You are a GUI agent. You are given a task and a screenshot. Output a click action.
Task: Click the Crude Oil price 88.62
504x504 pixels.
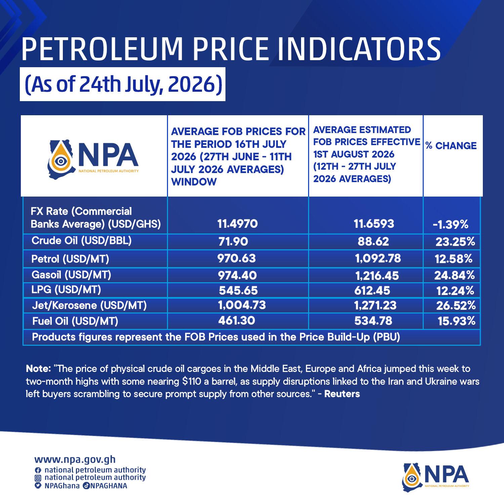(x=373, y=241)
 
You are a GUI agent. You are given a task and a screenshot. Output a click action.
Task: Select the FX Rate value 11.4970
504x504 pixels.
(x=238, y=224)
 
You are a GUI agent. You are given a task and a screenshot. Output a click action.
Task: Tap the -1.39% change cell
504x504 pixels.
(x=451, y=225)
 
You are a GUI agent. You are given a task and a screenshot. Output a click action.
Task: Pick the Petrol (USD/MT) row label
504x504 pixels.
(x=70, y=259)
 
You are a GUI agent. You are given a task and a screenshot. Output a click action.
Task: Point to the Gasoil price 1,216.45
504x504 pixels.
(x=377, y=276)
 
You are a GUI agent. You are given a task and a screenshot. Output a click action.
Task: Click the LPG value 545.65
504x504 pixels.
(x=238, y=290)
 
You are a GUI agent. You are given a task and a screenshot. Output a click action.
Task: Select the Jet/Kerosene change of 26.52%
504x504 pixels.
(x=456, y=305)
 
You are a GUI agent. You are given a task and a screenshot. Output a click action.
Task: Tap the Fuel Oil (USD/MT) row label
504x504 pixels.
(x=75, y=321)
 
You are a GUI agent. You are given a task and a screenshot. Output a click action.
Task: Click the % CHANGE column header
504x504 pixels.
(x=451, y=146)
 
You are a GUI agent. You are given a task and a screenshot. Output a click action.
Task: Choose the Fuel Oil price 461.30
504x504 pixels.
(x=237, y=321)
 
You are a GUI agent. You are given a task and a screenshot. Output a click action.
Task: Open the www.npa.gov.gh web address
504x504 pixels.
(x=75, y=459)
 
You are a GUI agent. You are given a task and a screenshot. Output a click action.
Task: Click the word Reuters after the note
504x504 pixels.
(x=342, y=394)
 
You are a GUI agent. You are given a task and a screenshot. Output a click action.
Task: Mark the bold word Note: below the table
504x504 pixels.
(x=38, y=369)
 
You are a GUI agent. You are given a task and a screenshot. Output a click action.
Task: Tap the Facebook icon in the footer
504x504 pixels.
(x=38, y=470)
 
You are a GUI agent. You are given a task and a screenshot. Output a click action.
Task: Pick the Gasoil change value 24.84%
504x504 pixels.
(x=455, y=276)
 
